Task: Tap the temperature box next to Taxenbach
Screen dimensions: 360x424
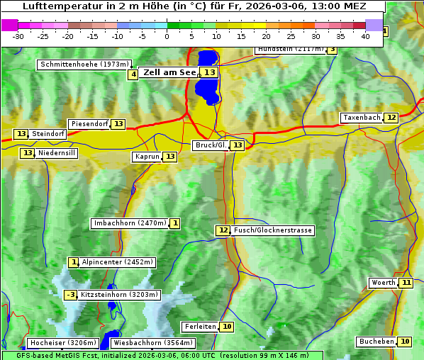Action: click(391, 117)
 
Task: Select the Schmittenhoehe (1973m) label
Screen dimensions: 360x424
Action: click(84, 64)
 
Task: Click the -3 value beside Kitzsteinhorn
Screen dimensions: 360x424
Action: click(70, 295)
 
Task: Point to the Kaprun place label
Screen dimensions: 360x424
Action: click(147, 157)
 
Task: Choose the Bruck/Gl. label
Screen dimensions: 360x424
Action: click(211, 145)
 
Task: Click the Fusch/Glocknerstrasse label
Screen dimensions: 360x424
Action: click(272, 230)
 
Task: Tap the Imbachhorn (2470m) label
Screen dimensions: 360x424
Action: click(130, 223)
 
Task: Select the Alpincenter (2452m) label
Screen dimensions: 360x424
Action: click(117, 262)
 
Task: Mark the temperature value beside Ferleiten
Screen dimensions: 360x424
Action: click(226, 327)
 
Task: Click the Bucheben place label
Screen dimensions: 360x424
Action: click(376, 342)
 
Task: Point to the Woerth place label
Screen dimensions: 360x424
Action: click(383, 283)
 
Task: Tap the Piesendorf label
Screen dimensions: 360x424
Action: click(89, 124)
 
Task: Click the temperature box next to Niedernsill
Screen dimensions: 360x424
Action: click(27, 152)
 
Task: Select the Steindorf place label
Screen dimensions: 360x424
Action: click(49, 134)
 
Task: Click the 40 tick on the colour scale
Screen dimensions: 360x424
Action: click(365, 36)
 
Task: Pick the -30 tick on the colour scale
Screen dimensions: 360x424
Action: click(18, 36)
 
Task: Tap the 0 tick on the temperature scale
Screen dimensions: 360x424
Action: click(167, 36)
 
